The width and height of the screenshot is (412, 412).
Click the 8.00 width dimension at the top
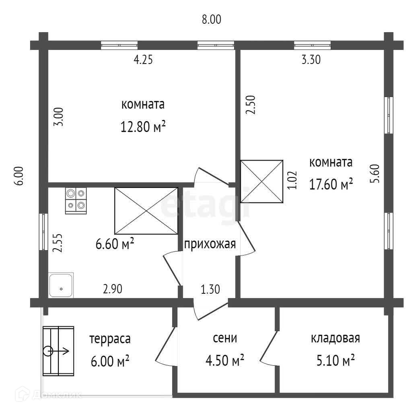(212, 19)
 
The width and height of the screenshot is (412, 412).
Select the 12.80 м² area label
(143, 127)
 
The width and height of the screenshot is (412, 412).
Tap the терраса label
(110, 339)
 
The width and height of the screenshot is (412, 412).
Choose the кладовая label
(335, 338)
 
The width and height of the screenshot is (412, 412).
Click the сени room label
(225, 338)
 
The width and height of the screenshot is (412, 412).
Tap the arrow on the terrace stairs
(60, 351)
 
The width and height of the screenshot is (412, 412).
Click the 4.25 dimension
(143, 60)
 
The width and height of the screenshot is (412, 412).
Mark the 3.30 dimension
(311, 60)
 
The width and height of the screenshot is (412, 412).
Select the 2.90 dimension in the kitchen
(112, 289)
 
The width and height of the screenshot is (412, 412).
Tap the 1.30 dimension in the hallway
(210, 289)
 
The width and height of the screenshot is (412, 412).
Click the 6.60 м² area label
(114, 244)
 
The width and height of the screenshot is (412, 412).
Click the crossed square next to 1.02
(262, 181)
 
